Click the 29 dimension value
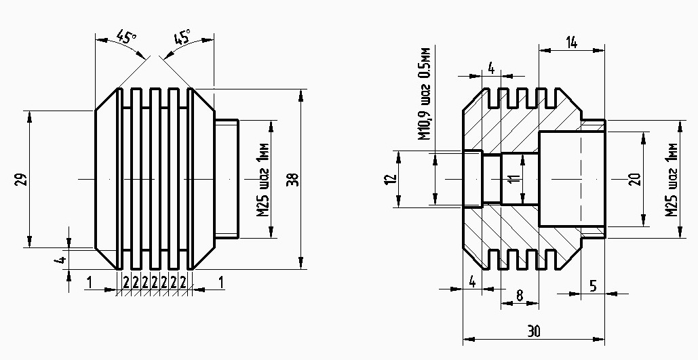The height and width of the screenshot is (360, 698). point(20,179)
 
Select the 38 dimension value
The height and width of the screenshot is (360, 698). point(292,180)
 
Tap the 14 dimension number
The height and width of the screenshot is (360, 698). point(571,43)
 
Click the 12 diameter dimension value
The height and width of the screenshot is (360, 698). point(389,180)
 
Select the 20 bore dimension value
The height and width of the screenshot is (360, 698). point(634,180)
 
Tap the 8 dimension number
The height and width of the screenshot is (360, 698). point(520,295)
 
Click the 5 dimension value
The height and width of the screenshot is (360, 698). point(592,286)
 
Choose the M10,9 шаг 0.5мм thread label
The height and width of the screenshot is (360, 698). point(425,94)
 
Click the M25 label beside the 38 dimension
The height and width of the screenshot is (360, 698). point(265,180)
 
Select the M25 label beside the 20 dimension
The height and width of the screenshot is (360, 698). point(672,180)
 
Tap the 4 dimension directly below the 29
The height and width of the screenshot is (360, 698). point(61,259)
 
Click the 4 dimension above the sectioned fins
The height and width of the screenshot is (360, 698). point(490,68)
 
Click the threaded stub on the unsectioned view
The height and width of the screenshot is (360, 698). point(226,179)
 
